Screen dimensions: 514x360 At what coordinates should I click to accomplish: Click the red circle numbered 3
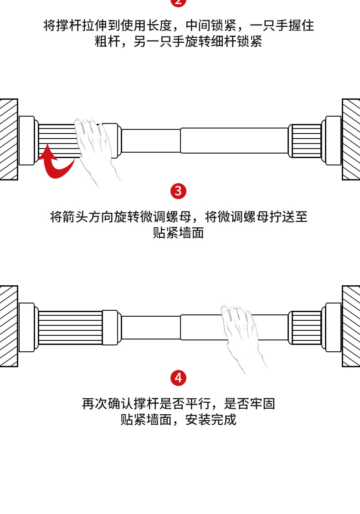coord(178,190)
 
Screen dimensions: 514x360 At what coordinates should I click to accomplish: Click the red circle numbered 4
coord(178,378)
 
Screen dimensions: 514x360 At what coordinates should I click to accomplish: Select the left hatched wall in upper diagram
coord(8,139)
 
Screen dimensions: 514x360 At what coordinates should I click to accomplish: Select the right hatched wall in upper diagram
coord(351,139)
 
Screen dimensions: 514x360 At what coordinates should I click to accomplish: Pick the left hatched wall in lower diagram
coord(8,326)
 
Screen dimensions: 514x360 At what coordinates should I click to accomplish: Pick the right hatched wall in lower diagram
coord(351,326)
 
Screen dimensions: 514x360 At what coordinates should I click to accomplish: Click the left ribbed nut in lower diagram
coord(70,328)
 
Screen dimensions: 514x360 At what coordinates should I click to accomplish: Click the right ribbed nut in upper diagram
coord(306,140)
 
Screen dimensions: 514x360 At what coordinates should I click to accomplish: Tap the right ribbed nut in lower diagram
coord(306,327)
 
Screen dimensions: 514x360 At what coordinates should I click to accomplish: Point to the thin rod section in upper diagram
coord(151,141)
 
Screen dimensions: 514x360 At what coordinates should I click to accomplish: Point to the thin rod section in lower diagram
coord(151,328)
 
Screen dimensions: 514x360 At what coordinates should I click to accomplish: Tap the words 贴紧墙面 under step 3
coord(178,233)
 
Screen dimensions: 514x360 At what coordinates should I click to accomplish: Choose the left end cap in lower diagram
coord(26,328)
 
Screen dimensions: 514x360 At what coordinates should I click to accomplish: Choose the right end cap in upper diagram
coord(333,140)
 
